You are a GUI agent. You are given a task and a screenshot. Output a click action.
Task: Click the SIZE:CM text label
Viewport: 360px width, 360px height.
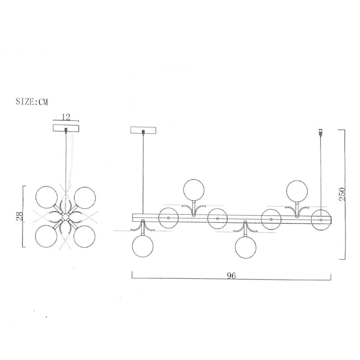pos(32,102)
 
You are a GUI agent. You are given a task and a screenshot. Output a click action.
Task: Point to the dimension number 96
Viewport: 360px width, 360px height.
pos(231,276)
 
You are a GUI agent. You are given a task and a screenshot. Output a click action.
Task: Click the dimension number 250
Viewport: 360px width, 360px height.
pos(342,194)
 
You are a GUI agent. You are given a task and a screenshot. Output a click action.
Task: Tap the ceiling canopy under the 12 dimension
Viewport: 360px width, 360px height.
pos(66,128)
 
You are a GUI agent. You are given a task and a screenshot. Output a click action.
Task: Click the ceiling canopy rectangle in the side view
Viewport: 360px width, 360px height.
pos(143,130)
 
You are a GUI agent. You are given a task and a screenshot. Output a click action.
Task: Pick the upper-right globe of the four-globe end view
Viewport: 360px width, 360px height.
pos(85,198)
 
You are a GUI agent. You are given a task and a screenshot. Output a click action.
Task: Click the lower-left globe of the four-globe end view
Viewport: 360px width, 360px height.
pos(46,236)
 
